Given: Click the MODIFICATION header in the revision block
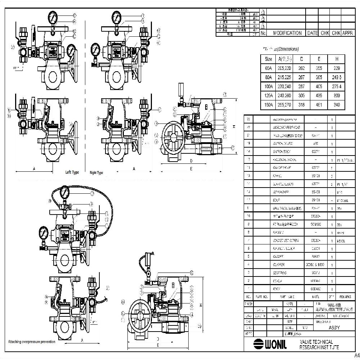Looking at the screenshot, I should click(287, 33).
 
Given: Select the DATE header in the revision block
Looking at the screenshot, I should click(312, 33).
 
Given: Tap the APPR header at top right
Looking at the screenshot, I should click(347, 33).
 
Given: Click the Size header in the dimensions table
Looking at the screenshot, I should click(268, 59).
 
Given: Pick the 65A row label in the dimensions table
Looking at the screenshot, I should click(268, 68).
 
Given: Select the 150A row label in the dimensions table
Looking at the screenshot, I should click(268, 105).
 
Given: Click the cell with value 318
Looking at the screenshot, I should click(301, 105).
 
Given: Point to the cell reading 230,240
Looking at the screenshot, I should click(284, 86).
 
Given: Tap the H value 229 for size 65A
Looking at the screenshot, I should click(337, 68).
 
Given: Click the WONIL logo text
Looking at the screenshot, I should click(270, 345).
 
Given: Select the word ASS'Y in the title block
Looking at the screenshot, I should click(334, 328).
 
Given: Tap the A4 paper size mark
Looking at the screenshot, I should click(356, 356).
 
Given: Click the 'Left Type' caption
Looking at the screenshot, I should click(72, 172).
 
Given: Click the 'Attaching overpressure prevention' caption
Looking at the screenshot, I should click(32, 342).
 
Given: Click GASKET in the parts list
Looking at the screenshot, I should click(279, 257).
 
